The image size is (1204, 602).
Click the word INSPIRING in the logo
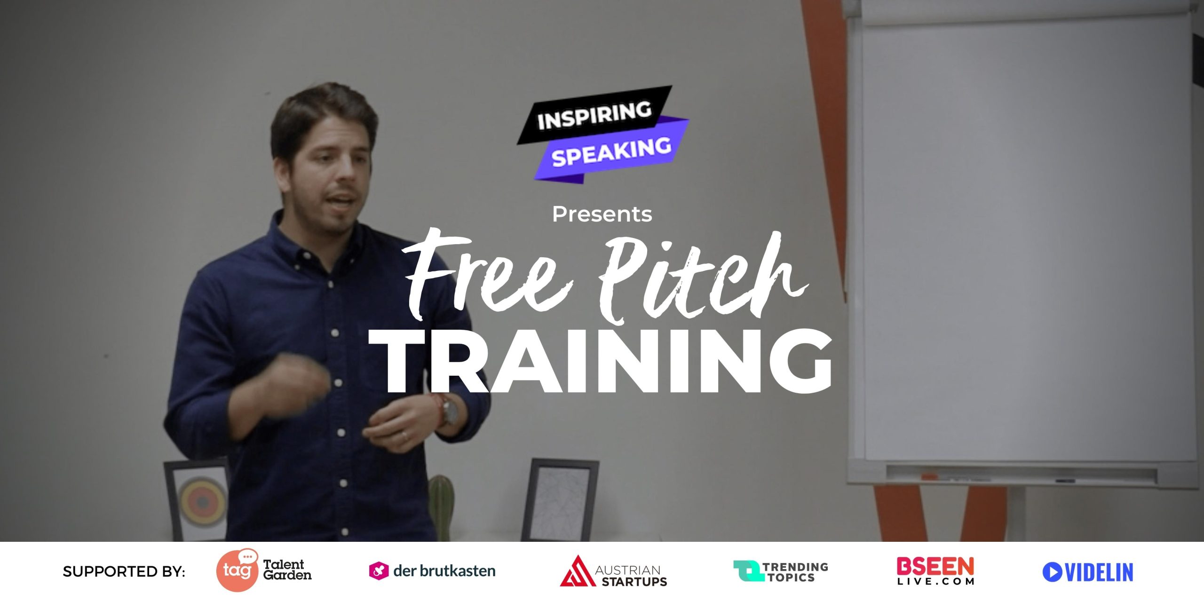[x=594, y=115]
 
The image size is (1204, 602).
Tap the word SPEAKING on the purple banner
[x=611, y=152]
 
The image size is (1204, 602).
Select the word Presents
[x=602, y=214]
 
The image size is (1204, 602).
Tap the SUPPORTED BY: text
[x=124, y=571]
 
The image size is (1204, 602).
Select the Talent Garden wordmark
[x=287, y=570]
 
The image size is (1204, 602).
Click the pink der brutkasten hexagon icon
[x=379, y=571]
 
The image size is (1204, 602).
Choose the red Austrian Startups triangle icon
[x=578, y=571]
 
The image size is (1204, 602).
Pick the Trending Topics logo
[x=781, y=571]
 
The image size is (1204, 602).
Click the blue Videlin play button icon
[x=1052, y=572]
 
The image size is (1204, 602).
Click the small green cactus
[x=441, y=508]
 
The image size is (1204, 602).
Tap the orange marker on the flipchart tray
[x=929, y=476]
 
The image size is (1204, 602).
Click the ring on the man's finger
[x=405, y=436]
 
